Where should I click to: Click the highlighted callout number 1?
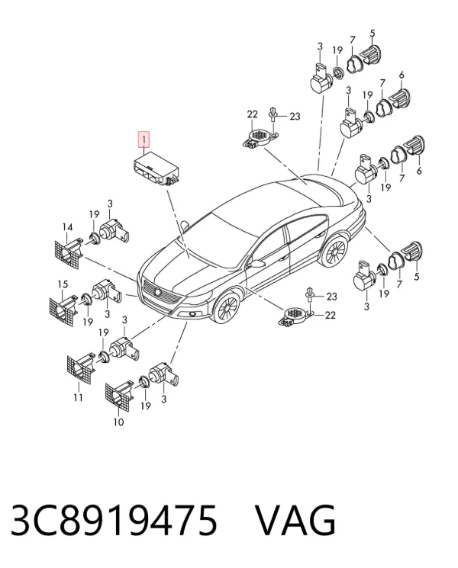point(144,140)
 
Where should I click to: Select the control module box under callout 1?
point(156,169)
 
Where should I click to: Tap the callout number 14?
point(67,227)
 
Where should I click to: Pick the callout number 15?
point(63,284)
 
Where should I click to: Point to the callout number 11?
point(79,398)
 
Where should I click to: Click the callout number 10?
point(118,422)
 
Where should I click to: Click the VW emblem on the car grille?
point(158,293)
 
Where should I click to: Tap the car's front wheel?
point(226,308)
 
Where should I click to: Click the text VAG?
point(295,521)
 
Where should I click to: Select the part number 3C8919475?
point(114,521)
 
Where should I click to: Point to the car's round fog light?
point(193,313)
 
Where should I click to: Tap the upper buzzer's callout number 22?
point(253,114)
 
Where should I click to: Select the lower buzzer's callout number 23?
point(332,297)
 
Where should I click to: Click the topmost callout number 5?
point(372,34)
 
